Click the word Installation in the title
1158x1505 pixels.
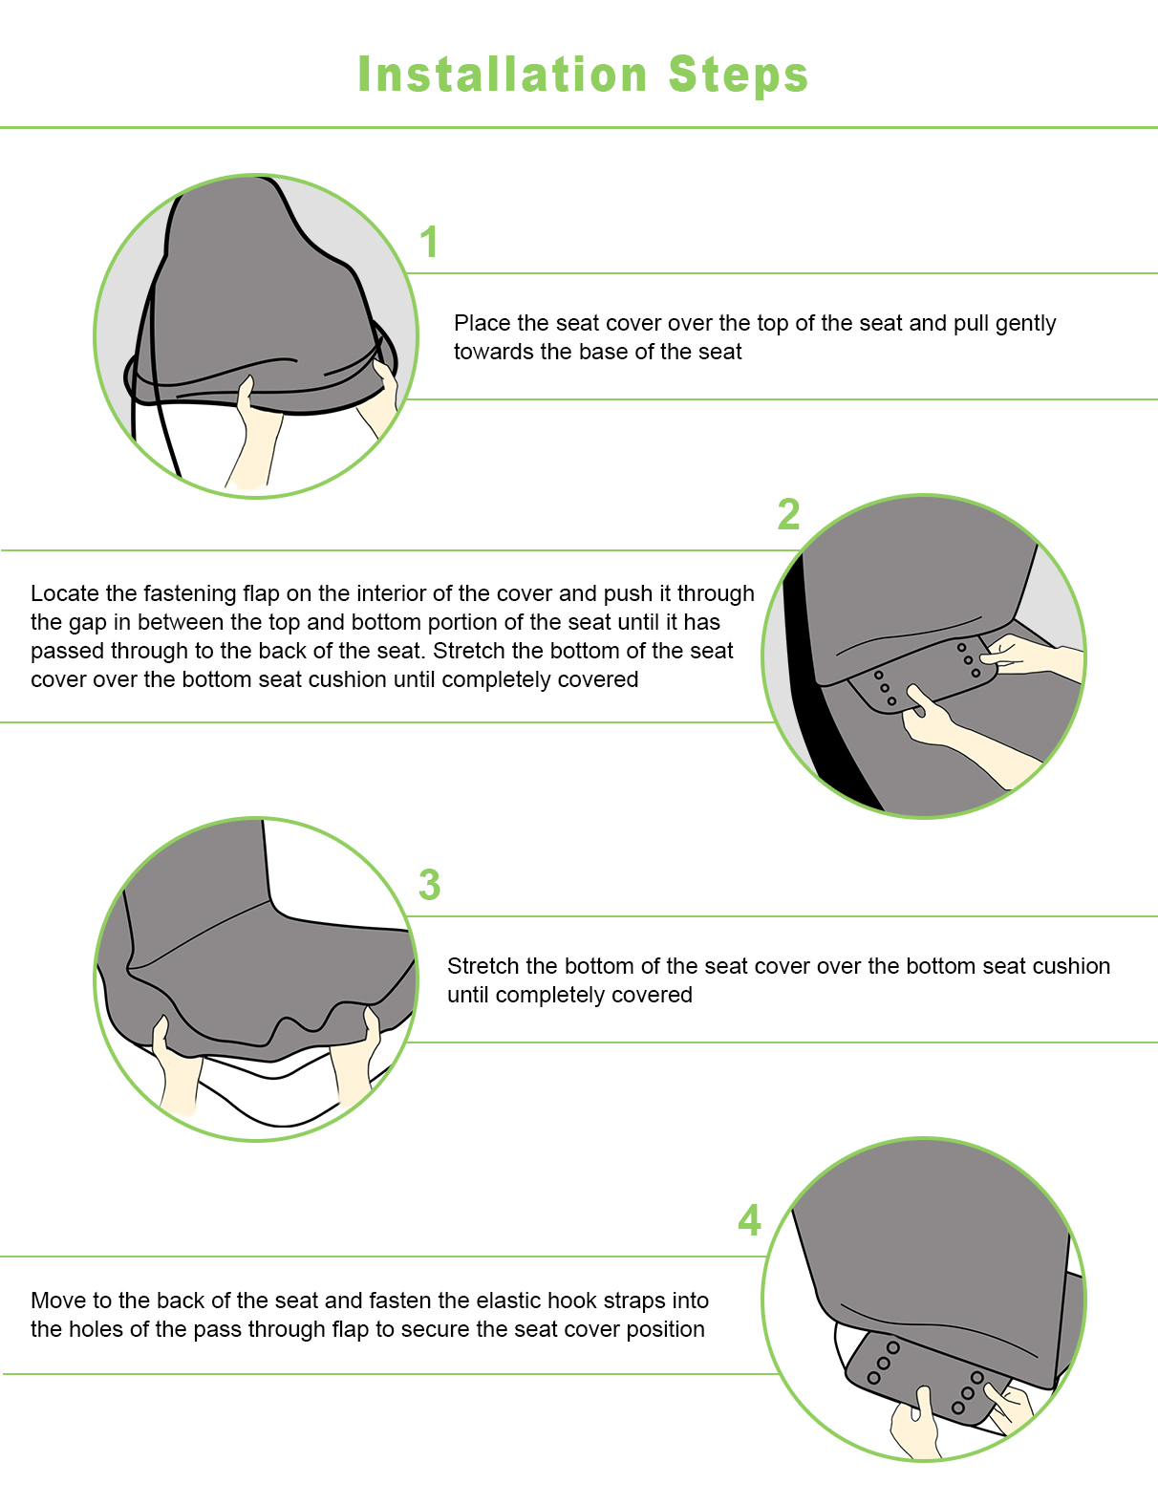(x=503, y=75)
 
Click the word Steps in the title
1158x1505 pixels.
(x=739, y=75)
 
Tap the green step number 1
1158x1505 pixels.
(x=429, y=242)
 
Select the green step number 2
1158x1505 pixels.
(x=788, y=515)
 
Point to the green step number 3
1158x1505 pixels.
(x=429, y=885)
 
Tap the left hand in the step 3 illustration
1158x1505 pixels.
(x=177, y=1065)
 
